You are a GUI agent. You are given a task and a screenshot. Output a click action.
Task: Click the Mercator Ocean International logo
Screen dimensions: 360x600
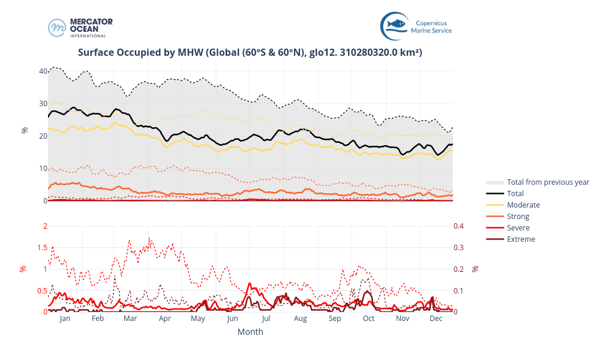[x=80, y=28]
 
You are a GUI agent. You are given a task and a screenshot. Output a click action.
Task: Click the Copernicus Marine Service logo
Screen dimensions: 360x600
[x=416, y=26]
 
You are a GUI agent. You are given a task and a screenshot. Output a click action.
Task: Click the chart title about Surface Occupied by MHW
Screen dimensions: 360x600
[x=250, y=53]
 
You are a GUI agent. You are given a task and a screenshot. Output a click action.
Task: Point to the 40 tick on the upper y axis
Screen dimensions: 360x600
[x=43, y=71]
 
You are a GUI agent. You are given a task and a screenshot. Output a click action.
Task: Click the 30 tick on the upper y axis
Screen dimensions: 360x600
[x=43, y=104]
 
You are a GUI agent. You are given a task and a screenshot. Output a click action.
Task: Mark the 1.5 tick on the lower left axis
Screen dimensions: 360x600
[x=41, y=248]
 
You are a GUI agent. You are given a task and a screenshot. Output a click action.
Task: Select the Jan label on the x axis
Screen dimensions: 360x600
[x=65, y=319]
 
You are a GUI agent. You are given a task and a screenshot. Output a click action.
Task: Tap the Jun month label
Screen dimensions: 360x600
[x=233, y=319]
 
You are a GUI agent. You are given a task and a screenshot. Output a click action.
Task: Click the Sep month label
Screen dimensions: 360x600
[x=335, y=319]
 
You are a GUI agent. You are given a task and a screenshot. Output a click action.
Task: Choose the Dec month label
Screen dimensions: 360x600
[x=436, y=319]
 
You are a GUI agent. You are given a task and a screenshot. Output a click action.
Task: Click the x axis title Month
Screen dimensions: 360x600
[x=250, y=332]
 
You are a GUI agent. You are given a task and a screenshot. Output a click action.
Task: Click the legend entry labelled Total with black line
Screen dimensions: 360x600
[x=515, y=194]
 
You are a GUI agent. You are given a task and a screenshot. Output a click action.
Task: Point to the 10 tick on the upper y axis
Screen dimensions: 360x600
[x=43, y=169]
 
